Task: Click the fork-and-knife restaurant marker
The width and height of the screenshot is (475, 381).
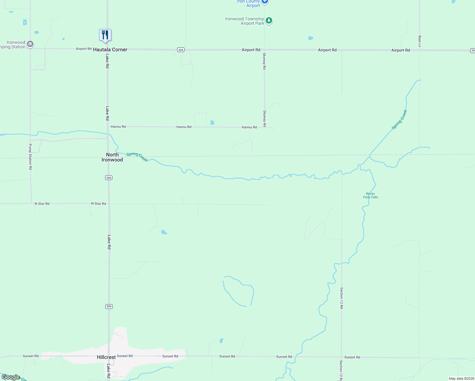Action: (x=105, y=35)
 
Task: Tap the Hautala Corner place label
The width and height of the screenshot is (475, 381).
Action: (x=110, y=50)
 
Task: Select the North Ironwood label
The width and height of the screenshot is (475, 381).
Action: (x=112, y=157)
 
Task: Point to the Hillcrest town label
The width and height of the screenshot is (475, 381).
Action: (x=106, y=357)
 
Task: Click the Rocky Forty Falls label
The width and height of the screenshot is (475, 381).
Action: (x=371, y=195)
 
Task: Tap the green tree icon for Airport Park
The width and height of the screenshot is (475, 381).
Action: (x=269, y=21)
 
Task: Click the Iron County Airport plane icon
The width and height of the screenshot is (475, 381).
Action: (x=265, y=2)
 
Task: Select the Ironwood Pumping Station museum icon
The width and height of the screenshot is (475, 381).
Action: (x=30, y=44)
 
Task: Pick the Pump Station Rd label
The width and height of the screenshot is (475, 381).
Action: (x=30, y=157)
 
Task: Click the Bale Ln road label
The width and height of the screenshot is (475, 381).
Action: (x=419, y=42)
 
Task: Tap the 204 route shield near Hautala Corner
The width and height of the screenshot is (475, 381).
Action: (x=181, y=50)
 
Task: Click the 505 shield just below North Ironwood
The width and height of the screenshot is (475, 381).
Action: (x=109, y=177)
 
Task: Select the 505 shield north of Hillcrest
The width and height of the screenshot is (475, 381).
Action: (x=109, y=306)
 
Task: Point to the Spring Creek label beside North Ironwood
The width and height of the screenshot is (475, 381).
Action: (x=137, y=157)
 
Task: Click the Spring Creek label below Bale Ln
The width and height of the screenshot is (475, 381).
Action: (x=399, y=120)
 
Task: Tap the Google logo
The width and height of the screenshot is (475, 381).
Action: (x=11, y=377)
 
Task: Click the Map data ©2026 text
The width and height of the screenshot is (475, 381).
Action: (x=461, y=378)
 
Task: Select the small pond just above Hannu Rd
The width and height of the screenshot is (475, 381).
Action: (x=212, y=123)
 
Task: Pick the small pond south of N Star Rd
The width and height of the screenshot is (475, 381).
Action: (x=164, y=232)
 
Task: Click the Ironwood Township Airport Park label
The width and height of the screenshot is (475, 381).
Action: (x=244, y=21)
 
